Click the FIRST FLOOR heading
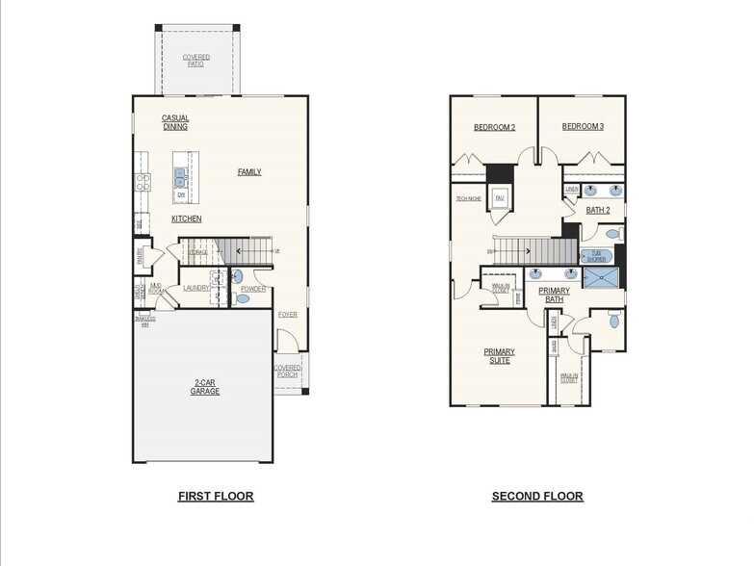[x=216, y=497]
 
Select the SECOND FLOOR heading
[x=537, y=497]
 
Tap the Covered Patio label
[x=196, y=61]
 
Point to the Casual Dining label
[x=175, y=122]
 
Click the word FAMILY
[x=249, y=172]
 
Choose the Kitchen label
[x=187, y=219]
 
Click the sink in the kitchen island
[x=180, y=175]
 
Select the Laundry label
[x=196, y=288]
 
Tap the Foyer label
[x=287, y=315]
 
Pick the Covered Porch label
[x=287, y=372]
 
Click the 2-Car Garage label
[x=204, y=387]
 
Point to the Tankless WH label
[x=145, y=322]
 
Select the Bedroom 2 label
[x=494, y=127]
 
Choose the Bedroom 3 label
[x=583, y=127]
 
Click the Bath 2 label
[x=598, y=210]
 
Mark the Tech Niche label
[x=469, y=198]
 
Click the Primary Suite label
[x=499, y=355]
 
